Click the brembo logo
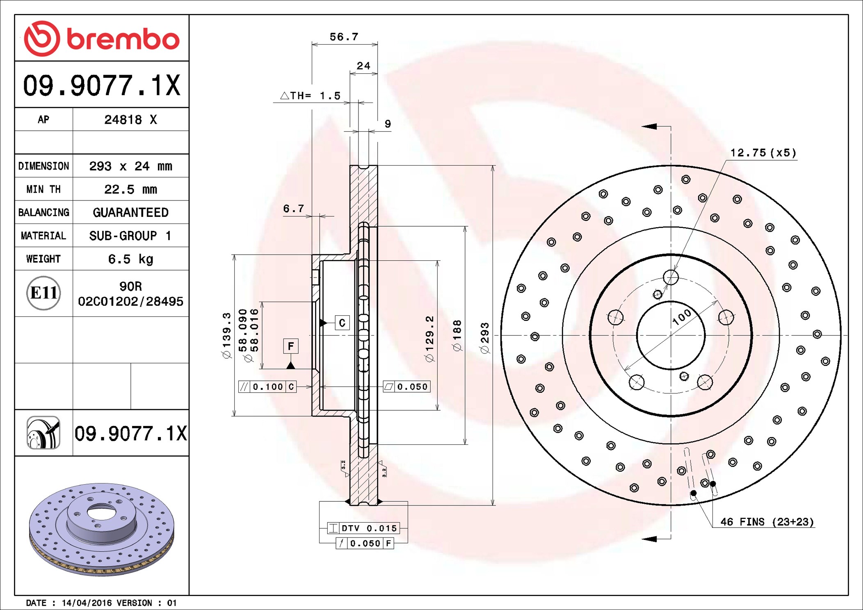point(102,39)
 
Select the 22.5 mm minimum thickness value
point(130,189)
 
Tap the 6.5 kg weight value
point(130,259)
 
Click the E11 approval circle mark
point(43,293)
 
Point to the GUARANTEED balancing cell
point(130,212)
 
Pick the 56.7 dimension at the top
point(344,37)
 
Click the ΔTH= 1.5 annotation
point(310,96)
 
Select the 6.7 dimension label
point(294,209)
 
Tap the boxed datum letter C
point(342,323)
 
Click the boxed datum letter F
point(291,346)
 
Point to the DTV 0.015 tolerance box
point(363,528)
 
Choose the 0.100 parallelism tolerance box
point(267,387)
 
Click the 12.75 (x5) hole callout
point(763,153)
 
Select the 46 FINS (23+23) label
point(767,522)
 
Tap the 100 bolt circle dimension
point(682,317)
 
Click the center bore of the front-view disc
point(671,335)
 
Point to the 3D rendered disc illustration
point(102,529)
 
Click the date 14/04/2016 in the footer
point(87,603)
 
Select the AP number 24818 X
point(130,120)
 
